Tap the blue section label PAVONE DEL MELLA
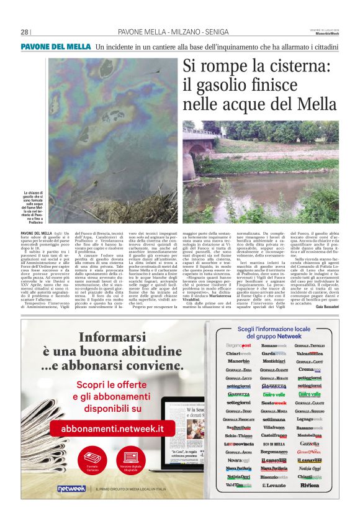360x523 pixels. (56, 47)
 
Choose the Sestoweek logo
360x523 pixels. (274, 402)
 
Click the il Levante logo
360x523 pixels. (273, 484)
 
